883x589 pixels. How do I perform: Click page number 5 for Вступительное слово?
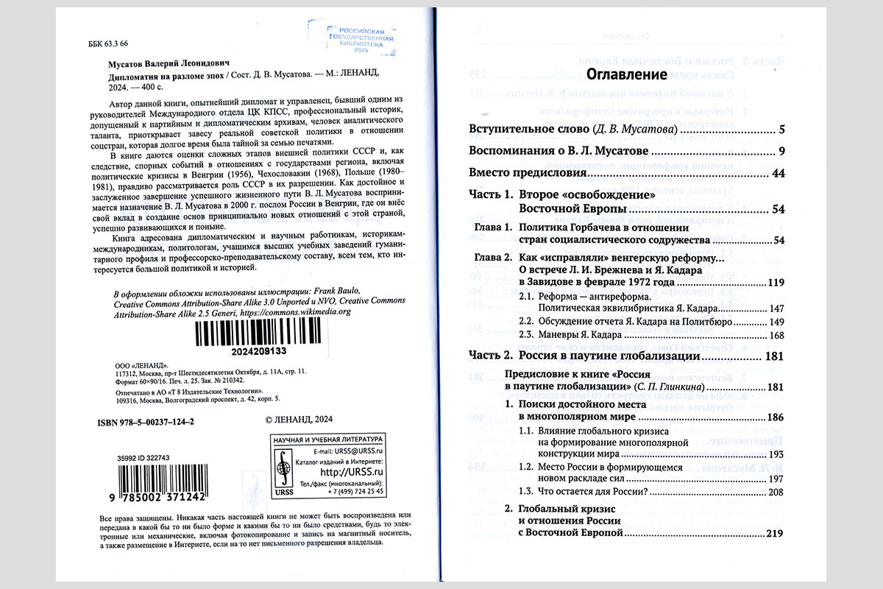(781, 130)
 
